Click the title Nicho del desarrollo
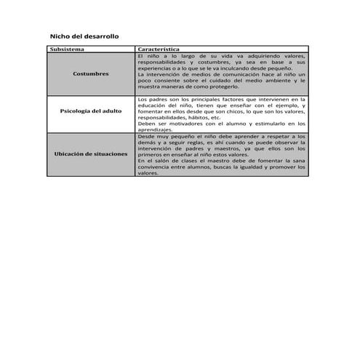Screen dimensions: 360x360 84,36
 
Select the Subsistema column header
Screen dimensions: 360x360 68,49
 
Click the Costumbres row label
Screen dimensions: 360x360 92,73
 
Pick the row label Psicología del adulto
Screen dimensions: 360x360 91,111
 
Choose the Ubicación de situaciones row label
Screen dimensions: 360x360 91,154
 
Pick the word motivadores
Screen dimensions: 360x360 185,124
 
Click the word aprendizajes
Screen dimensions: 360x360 155,129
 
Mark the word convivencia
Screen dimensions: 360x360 157,168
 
